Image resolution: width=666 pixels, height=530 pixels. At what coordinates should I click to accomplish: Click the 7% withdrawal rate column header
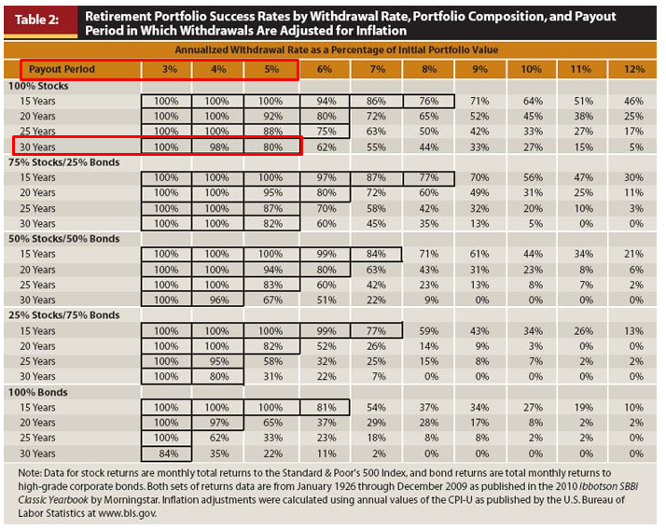tap(378, 69)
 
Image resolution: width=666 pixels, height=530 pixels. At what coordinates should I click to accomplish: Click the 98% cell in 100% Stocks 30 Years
tap(217, 146)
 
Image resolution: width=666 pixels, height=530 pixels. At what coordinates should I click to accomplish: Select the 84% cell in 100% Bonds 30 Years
tap(167, 453)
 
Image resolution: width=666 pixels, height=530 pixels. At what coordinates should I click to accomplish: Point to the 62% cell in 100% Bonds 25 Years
tap(217, 438)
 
